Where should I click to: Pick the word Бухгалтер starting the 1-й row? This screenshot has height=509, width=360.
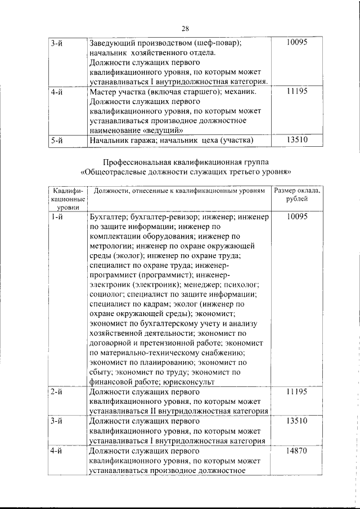(109, 215)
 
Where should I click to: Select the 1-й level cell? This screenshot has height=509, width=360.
(56, 215)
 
